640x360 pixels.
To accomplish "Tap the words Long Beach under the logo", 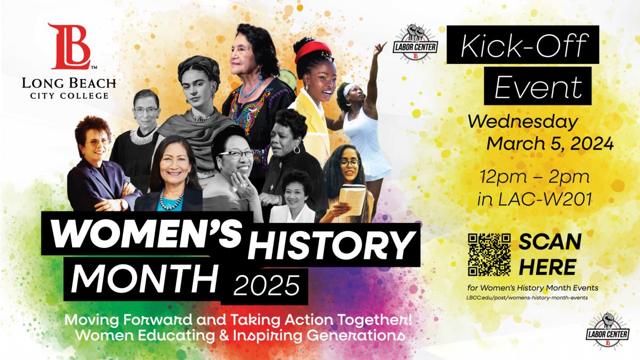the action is (x=69, y=83).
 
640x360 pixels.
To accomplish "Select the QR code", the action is (x=489, y=255).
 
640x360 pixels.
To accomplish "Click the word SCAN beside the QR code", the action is (x=550, y=243).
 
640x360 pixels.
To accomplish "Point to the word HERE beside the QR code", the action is (x=547, y=267).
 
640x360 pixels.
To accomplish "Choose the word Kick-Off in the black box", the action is (x=522, y=45).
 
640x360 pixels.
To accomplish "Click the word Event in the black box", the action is (x=538, y=86).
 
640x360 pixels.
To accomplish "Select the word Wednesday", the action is (x=522, y=123).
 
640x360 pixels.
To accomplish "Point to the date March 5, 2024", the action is (x=550, y=143).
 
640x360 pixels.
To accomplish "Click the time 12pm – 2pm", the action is (x=534, y=177).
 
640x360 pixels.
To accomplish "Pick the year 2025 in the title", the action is (x=267, y=285).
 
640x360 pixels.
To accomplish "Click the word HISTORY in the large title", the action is (x=331, y=245).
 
